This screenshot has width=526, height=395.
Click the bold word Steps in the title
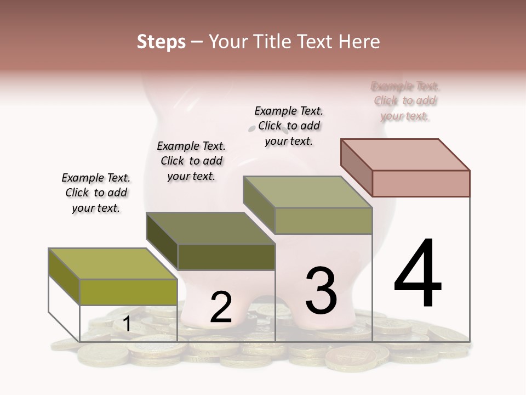coord(161,42)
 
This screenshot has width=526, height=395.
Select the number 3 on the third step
coord(321,291)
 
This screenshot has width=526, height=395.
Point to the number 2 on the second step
coord(221,307)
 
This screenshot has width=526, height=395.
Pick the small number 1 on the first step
coord(127,324)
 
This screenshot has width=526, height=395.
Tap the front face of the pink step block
coord(421,183)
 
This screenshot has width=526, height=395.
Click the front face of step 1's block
coord(129,292)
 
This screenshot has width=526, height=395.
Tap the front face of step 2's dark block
coord(226,257)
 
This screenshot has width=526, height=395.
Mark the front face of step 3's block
coord(323,221)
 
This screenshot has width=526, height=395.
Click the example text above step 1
coord(96,193)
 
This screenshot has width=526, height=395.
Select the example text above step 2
coord(191,161)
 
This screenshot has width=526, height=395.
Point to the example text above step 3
coord(289,126)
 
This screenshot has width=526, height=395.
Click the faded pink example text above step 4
coord(405,101)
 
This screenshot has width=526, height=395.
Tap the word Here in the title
coord(359,42)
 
